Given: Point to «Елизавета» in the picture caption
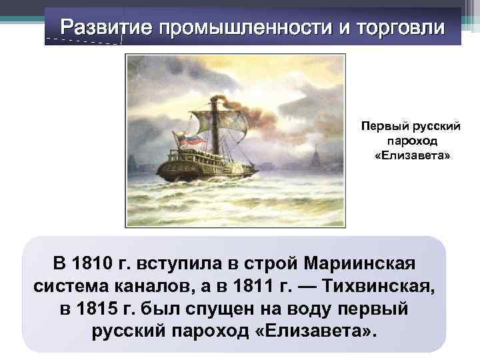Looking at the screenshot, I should [412, 155].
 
